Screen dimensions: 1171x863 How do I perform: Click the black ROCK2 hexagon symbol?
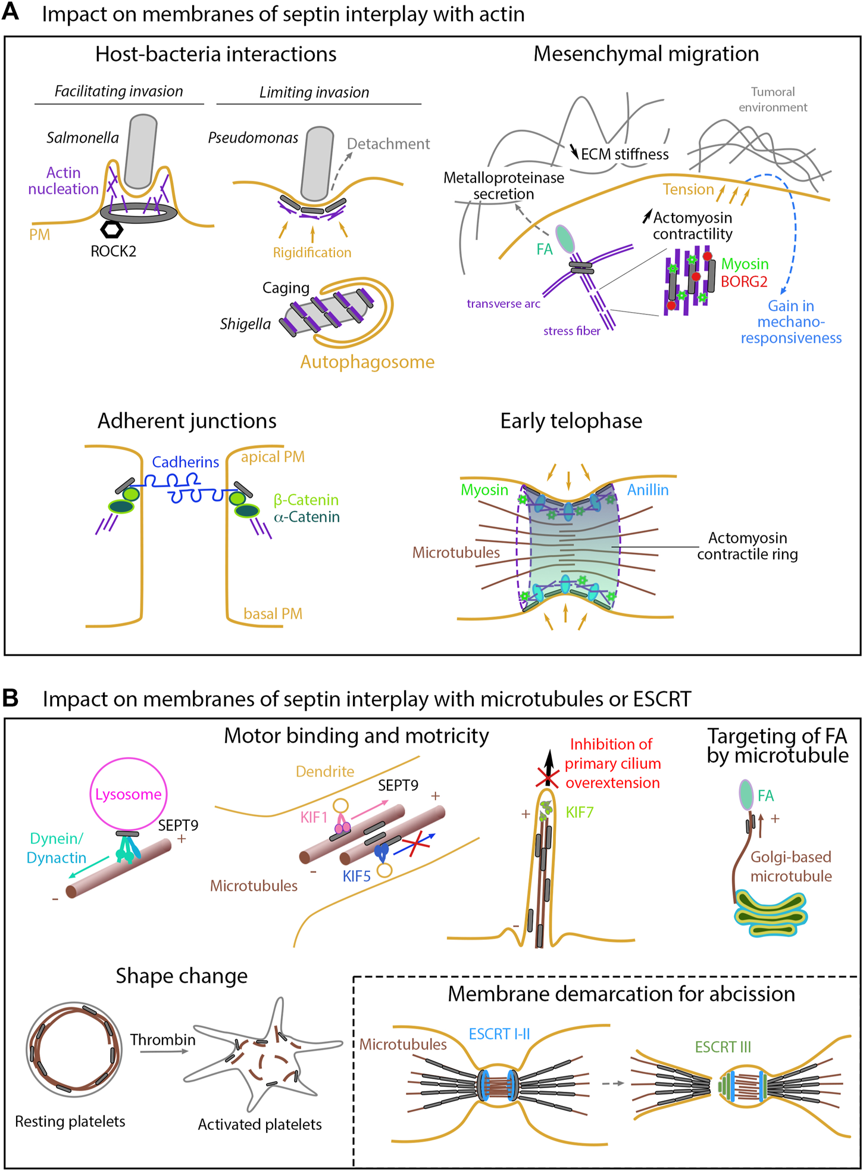point(111,229)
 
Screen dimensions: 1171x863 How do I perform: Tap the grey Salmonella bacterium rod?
point(142,152)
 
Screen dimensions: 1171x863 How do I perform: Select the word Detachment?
point(388,144)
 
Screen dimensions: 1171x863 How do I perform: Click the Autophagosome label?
point(367,362)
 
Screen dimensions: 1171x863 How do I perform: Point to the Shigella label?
point(245,325)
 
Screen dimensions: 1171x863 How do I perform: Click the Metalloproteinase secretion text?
point(504,186)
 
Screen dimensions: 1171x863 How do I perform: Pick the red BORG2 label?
point(744,282)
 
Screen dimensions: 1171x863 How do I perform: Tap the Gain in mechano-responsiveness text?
point(791,322)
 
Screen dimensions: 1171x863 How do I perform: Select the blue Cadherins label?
point(185,462)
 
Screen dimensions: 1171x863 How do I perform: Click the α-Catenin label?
point(307,517)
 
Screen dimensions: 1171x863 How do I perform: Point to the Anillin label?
point(648,490)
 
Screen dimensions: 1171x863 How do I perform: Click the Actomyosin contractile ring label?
point(748,546)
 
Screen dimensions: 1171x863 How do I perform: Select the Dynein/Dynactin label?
point(57,848)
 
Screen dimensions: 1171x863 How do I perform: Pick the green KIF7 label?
point(579,812)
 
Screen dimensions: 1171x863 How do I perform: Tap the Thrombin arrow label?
point(162,1040)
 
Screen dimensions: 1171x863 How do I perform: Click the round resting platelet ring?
point(74,1049)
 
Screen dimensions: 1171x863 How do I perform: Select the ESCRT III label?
point(723,1047)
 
